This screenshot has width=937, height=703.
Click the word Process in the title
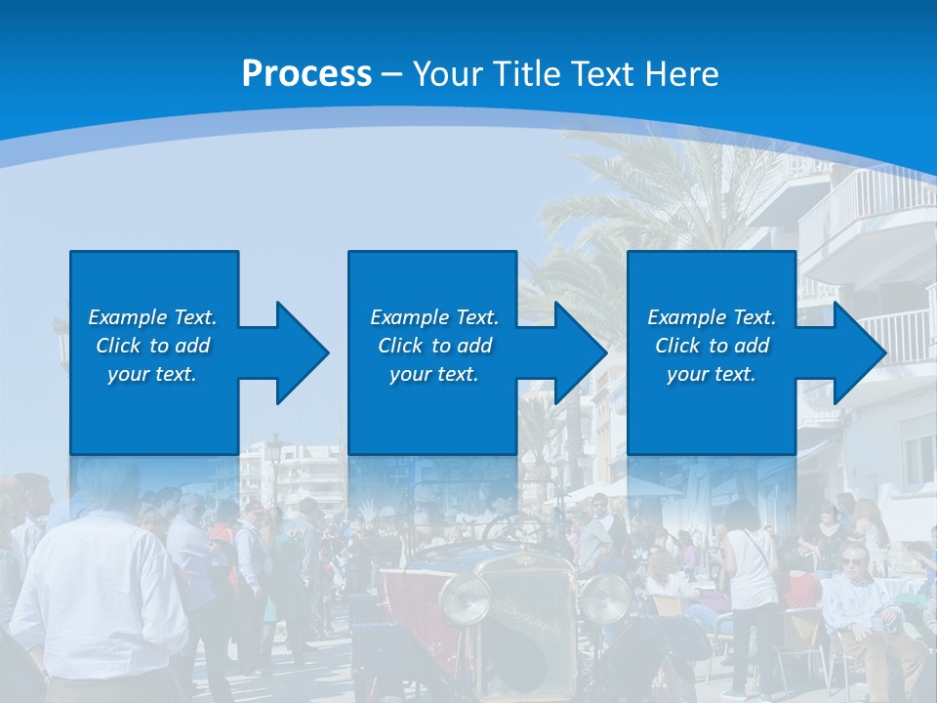306,73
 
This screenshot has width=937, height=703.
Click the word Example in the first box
128,317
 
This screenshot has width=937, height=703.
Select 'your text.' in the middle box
433,374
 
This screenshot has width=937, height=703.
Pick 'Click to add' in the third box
712,346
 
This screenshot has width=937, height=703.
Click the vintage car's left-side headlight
465,599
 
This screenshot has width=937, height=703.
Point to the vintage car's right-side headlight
606,597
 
